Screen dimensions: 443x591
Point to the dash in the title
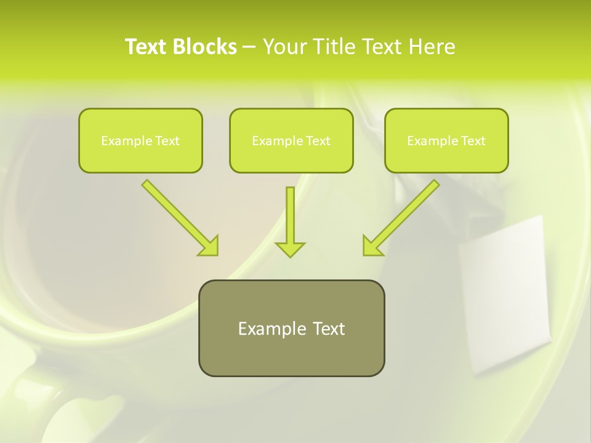pos(250,47)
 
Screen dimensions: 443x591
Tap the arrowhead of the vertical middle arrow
pos(290,249)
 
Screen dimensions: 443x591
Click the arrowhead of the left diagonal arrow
pos(209,246)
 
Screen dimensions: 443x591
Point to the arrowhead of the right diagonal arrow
pos(371,246)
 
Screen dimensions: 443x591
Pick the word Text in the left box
pos(167,141)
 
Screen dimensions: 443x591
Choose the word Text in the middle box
pos(318,141)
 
